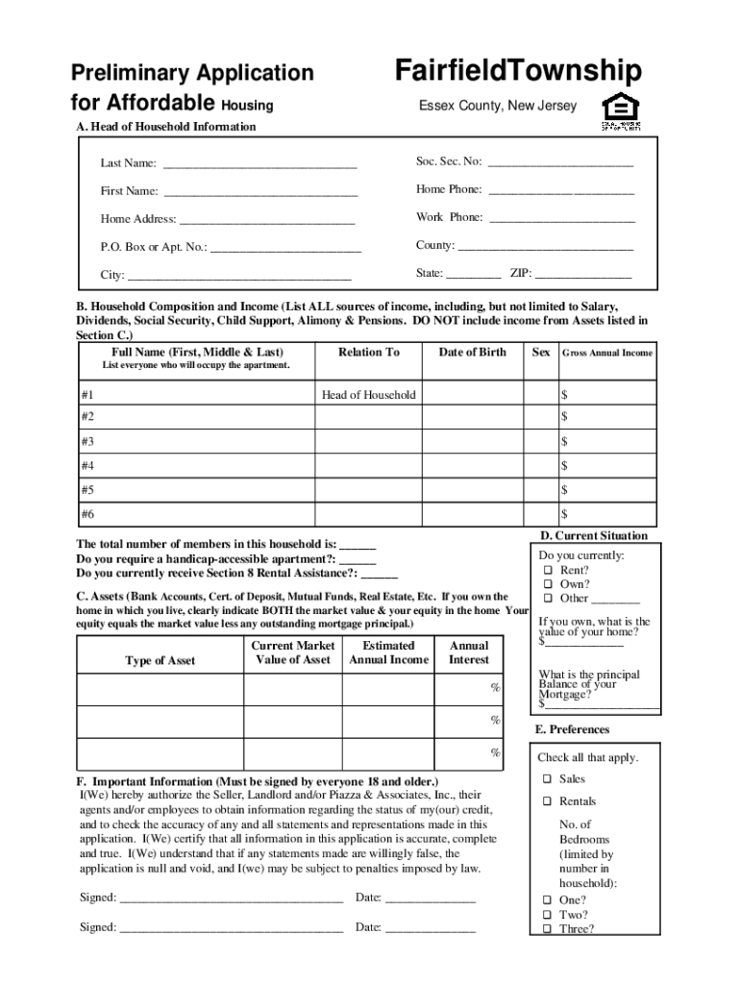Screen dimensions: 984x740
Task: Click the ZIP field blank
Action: pyautogui.click(x=582, y=277)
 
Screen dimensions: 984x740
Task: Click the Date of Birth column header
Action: pyautogui.click(x=472, y=353)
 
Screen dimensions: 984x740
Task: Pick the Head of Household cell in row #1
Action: pyautogui.click(x=368, y=395)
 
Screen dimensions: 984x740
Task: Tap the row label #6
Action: pyautogui.click(x=87, y=514)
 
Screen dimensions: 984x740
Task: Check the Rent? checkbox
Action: pyautogui.click(x=546, y=571)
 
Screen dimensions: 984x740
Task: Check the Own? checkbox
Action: pyautogui.click(x=546, y=584)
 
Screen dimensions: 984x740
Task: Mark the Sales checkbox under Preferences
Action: pyautogui.click(x=545, y=779)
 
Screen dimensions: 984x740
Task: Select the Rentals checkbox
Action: pyautogui.click(x=545, y=801)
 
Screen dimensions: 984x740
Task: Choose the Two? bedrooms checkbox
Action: pyautogui.click(x=545, y=915)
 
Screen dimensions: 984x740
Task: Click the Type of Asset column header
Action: pyautogui.click(x=160, y=660)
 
